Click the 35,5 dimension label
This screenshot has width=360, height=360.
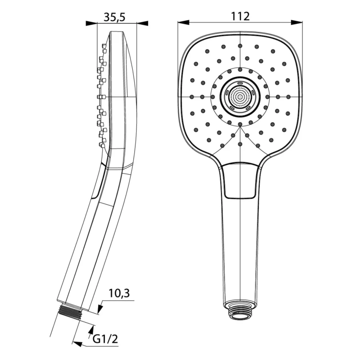[x=115, y=17]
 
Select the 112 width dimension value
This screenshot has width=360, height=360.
[x=240, y=16]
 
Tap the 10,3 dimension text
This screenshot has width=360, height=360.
[x=119, y=293]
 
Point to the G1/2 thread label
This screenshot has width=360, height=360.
[x=105, y=339]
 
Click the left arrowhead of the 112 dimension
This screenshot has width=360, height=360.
[x=184, y=22]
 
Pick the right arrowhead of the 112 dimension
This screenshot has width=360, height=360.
[x=297, y=22]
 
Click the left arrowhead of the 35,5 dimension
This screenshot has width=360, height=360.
[x=91, y=23]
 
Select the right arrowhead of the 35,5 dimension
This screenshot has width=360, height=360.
[x=142, y=23]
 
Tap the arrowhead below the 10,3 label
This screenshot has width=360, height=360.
[x=100, y=309]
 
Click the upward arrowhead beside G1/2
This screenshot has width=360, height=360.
[x=91, y=331]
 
